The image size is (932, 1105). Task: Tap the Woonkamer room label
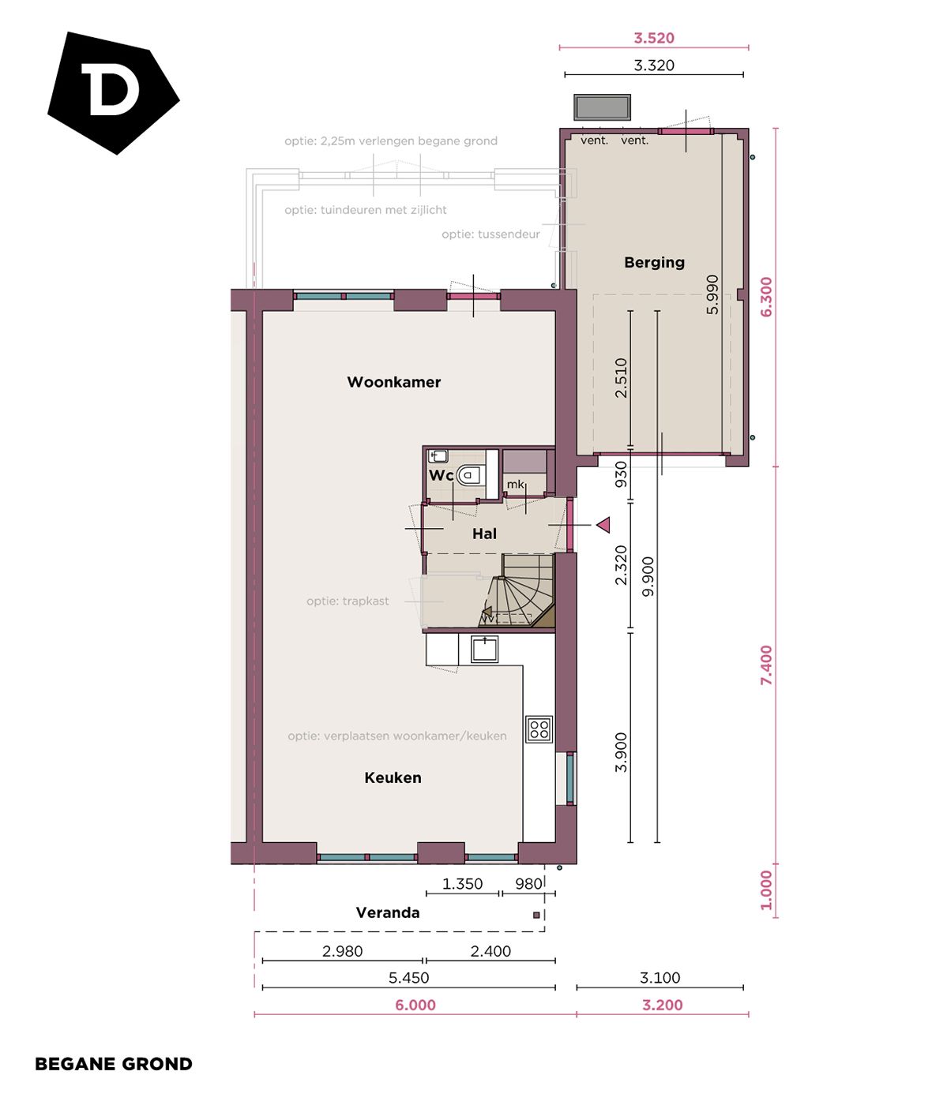393,382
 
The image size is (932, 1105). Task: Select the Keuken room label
393,777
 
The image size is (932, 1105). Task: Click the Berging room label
654,262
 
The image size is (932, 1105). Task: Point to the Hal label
484,534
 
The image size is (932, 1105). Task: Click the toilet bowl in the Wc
469,475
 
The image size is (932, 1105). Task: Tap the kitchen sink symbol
484,649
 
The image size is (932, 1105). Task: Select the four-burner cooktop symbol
539,729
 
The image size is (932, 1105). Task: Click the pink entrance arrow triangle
603,525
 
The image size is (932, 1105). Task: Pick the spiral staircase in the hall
518,596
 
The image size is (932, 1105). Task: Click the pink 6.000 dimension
415,1005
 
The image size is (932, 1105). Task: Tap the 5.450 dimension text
408,978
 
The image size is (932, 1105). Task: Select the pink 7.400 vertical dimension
766,665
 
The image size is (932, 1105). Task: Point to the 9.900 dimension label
648,576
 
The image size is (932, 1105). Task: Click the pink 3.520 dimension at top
654,38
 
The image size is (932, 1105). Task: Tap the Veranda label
387,912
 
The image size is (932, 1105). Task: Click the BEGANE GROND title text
114,1064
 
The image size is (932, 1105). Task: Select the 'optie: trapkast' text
348,601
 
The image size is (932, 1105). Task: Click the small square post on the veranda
536,915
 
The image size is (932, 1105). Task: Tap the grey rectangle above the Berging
602,107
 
